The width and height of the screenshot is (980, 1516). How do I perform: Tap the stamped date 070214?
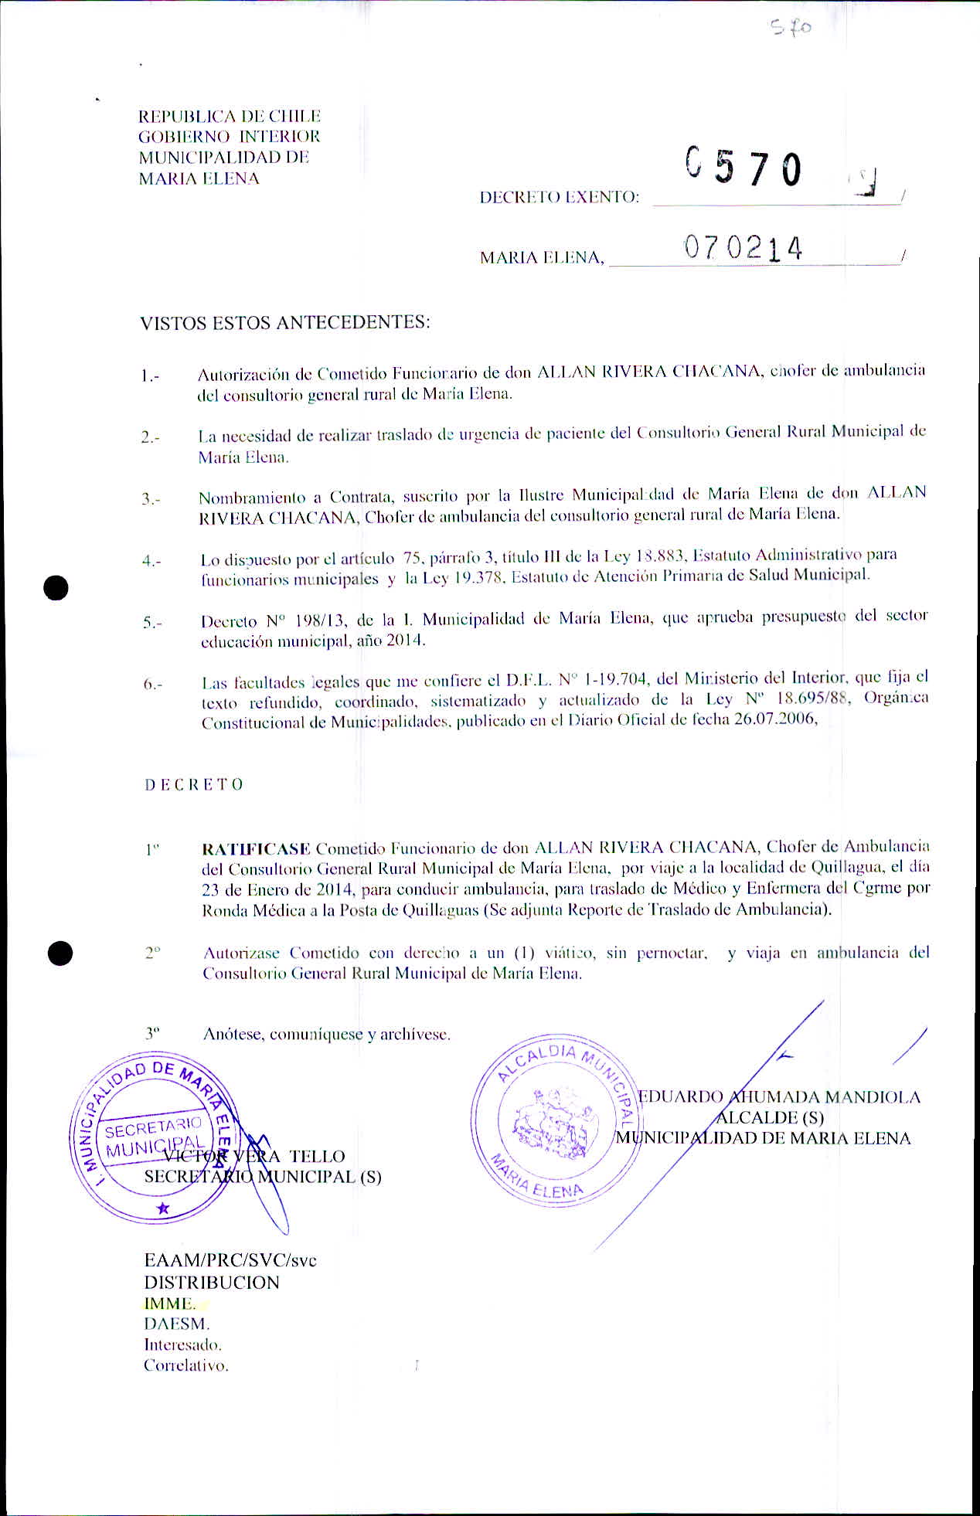pos(743,248)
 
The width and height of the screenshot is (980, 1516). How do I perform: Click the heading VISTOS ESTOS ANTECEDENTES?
pos(284,322)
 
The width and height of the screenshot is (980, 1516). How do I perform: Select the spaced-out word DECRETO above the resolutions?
pos(194,784)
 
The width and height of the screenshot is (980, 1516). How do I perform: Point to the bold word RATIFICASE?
pos(256,848)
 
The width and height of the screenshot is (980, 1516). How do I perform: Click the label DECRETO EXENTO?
pos(559,197)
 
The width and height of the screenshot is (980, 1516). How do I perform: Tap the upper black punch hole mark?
pos(56,588)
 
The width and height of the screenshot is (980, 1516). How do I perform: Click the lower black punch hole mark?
pos(60,953)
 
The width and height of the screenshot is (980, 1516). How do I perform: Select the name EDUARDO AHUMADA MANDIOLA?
pos(779,1097)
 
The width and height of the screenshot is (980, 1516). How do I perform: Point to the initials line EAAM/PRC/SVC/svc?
pos(230,1260)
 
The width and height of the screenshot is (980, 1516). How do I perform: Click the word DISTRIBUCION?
pos(212,1283)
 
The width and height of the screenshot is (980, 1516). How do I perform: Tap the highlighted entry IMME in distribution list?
pos(169,1304)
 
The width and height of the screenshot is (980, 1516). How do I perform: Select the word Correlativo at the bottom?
pos(186,1365)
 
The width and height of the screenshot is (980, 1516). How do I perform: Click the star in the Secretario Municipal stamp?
pos(162,1208)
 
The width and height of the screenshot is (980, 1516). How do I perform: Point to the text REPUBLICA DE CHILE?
pos(229,117)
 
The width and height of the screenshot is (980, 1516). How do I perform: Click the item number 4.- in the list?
pos(151,562)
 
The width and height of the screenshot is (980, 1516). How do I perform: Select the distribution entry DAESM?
pos(176,1324)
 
